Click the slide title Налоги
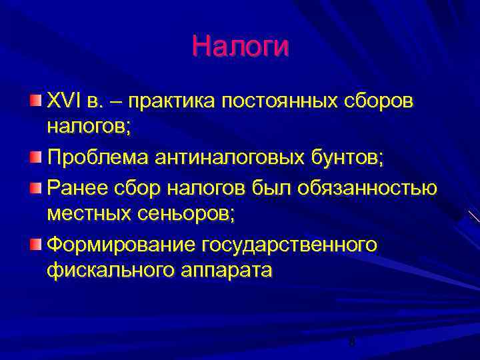pyautogui.click(x=240, y=47)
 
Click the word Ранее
pyautogui.click(x=76, y=188)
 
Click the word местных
pyautogui.click(x=91, y=214)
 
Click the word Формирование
pyautogui.click(x=120, y=245)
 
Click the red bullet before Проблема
pyautogui.click(x=35, y=157)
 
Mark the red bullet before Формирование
pyautogui.click(x=35, y=243)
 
